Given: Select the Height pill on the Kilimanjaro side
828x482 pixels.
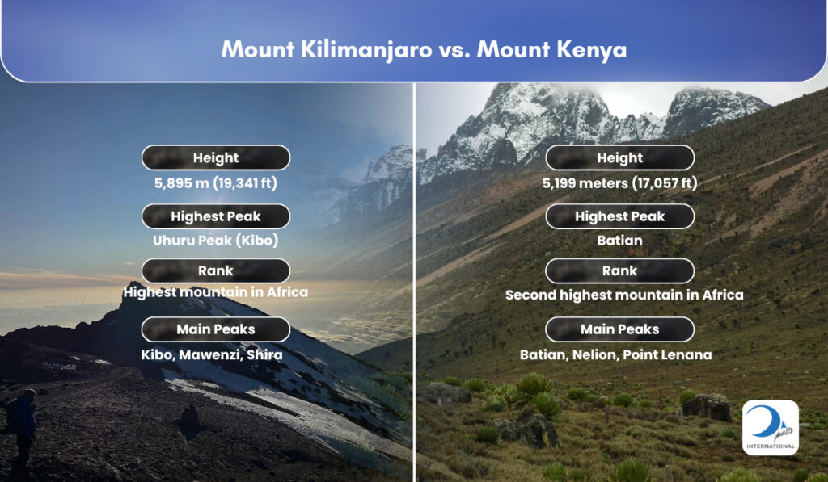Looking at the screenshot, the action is pyautogui.click(x=215, y=157).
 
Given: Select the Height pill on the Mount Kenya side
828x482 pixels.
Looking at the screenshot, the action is pyautogui.click(x=619, y=157).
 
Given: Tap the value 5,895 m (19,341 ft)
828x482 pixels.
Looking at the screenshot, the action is pyautogui.click(x=215, y=183).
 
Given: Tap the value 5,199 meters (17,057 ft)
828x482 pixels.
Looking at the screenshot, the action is pyautogui.click(x=619, y=183).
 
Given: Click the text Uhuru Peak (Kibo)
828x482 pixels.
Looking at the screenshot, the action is pyautogui.click(x=215, y=241).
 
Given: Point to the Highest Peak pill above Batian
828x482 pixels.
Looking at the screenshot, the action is pyautogui.click(x=619, y=216).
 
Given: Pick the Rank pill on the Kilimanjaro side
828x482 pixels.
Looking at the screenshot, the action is pyautogui.click(x=215, y=270).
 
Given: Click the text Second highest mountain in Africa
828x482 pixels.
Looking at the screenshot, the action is pyautogui.click(x=624, y=295).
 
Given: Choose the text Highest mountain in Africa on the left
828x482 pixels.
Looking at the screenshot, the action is pyautogui.click(x=215, y=292).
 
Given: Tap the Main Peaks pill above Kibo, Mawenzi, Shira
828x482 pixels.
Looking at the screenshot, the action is pyautogui.click(x=215, y=329).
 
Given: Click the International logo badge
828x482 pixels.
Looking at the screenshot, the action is pyautogui.click(x=771, y=428).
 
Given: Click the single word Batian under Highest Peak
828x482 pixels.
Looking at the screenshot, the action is pyautogui.click(x=619, y=241).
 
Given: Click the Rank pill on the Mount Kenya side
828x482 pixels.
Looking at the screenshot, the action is pyautogui.click(x=619, y=270).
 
